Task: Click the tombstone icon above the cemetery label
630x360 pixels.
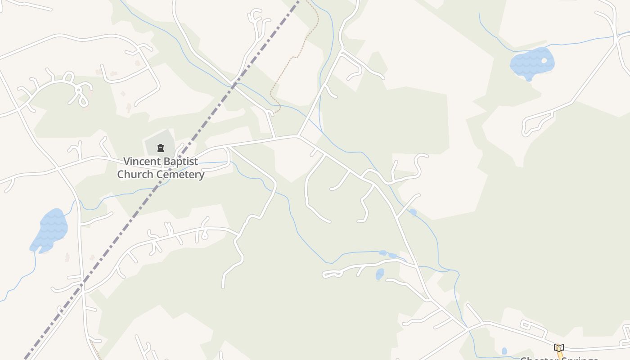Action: click(160, 148)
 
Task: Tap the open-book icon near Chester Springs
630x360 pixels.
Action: click(558, 348)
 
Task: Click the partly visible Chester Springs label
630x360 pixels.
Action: click(559, 358)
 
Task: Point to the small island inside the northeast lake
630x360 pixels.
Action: click(544, 60)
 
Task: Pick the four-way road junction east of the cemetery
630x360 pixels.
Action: click(297, 136)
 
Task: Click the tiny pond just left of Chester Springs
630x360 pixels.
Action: click(504, 351)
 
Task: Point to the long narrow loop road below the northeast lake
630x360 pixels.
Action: click(538, 123)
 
